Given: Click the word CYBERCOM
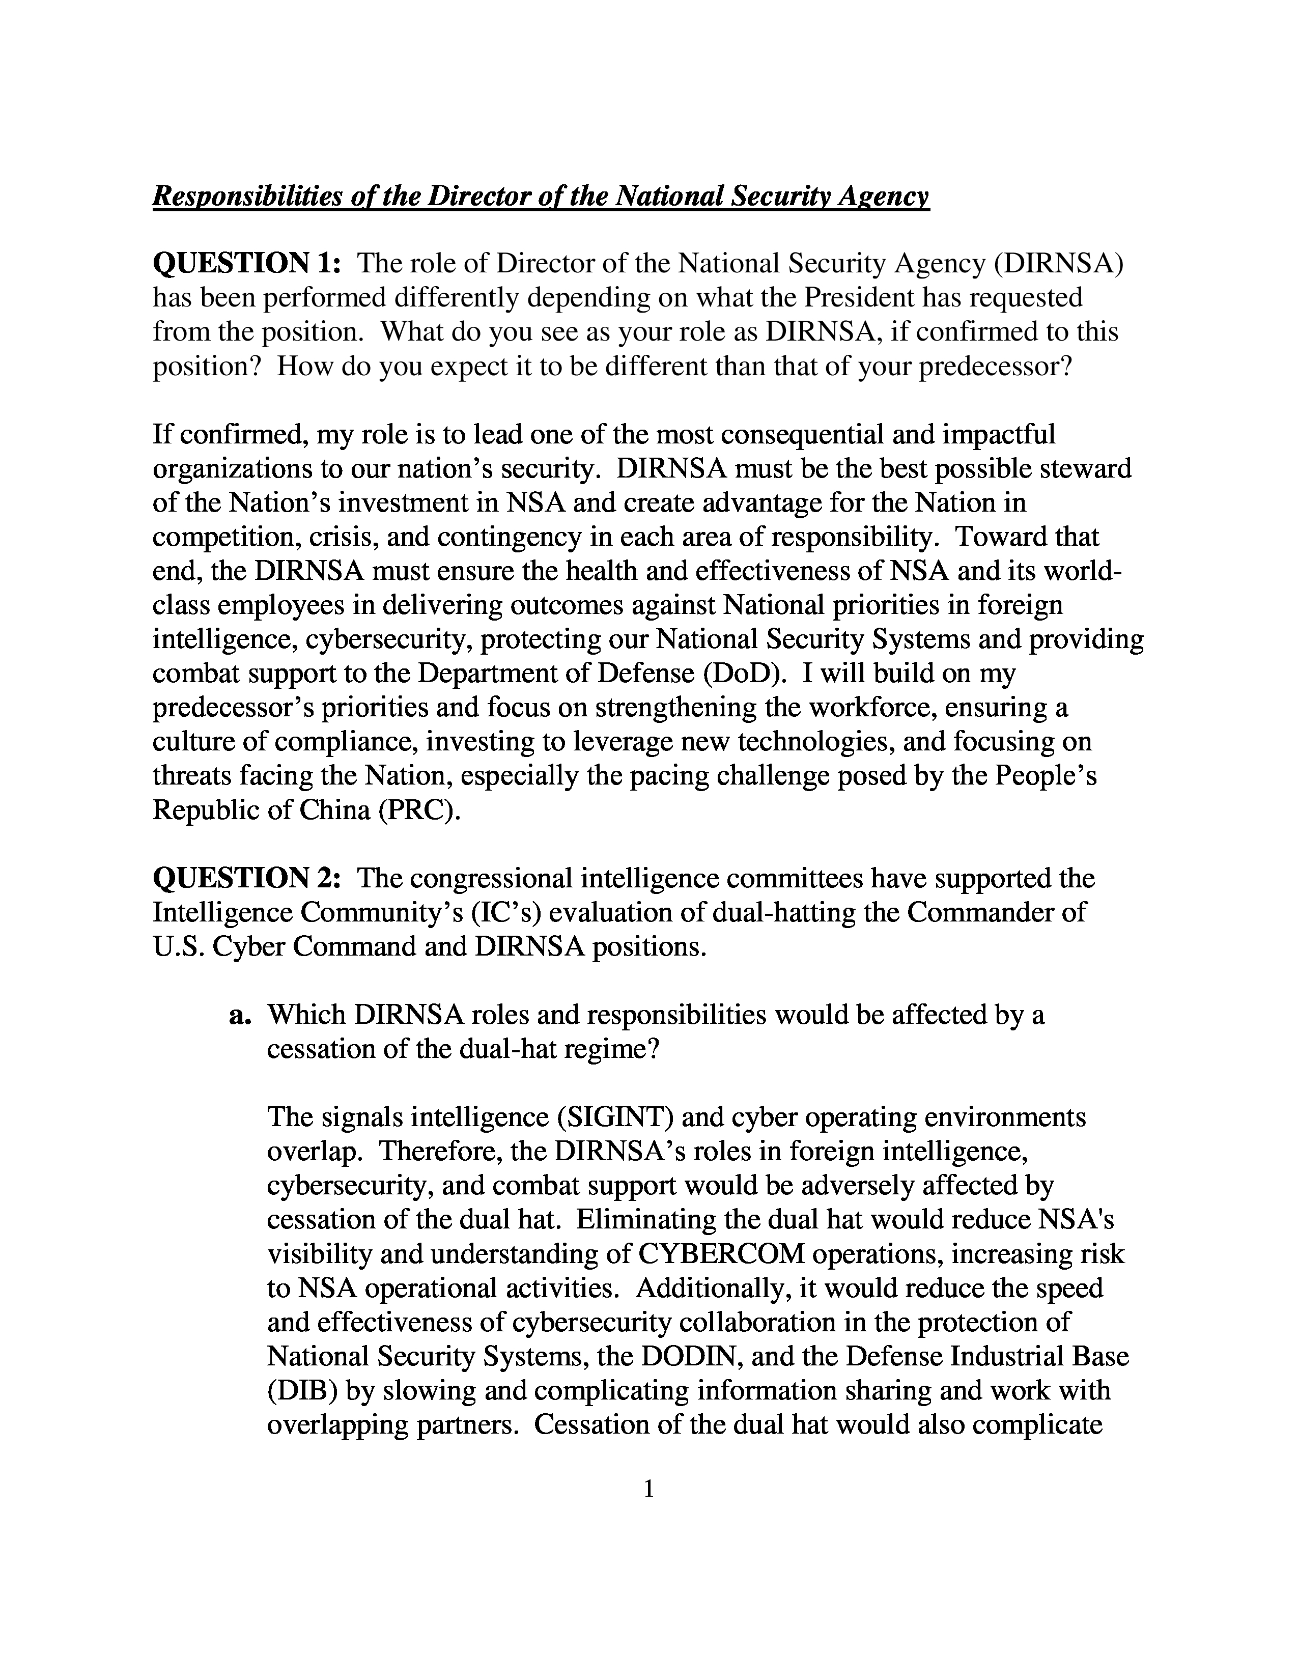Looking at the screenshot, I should [720, 1254].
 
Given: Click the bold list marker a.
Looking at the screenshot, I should [241, 1016].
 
